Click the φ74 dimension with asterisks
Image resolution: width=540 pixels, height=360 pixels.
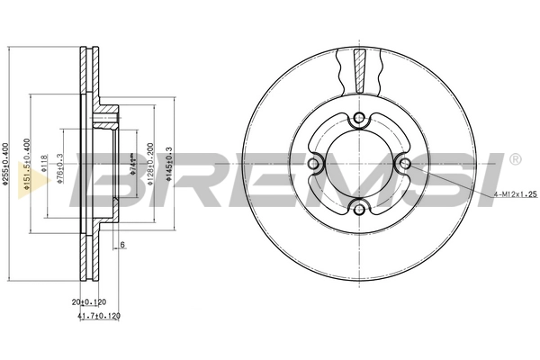click(131, 163)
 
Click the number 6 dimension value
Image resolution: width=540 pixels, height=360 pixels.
click(122, 245)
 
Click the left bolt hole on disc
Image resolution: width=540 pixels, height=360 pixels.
click(313, 164)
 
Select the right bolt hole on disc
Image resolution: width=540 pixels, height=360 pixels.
click(405, 164)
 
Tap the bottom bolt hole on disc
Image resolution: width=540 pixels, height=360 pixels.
click(359, 210)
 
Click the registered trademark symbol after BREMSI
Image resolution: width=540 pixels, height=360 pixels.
click(514, 160)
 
